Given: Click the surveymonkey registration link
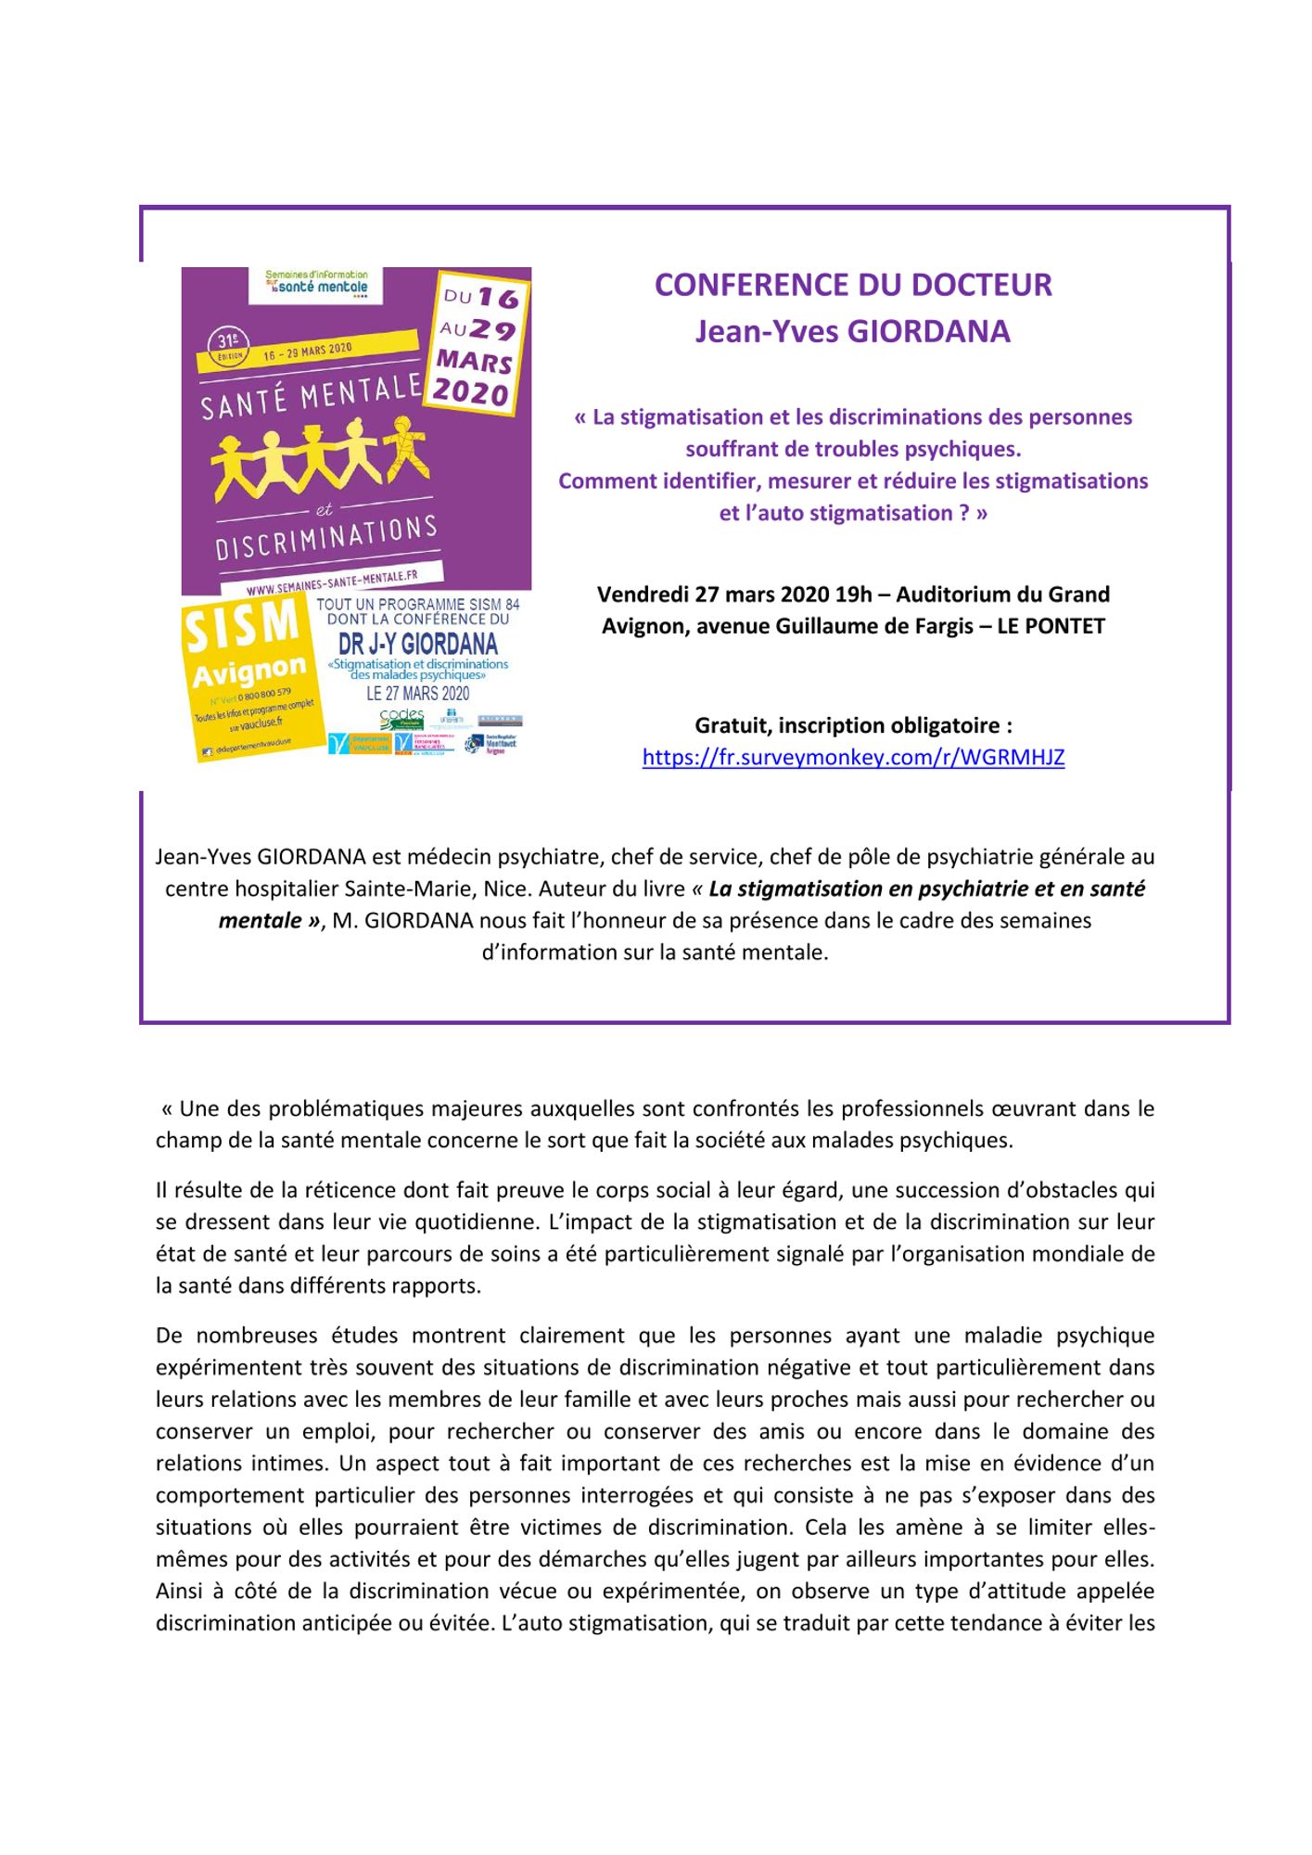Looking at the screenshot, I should tap(853, 757).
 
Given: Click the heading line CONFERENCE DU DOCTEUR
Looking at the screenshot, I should tap(853, 285).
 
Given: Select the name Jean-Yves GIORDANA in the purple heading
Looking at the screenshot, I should tap(853, 331).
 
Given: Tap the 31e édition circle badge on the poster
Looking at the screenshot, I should tap(229, 345).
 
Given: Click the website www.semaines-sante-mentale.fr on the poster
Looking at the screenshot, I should tap(332, 582).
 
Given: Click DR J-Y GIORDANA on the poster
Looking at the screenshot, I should tap(418, 644).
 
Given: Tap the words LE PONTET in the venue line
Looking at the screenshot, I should tap(1051, 626).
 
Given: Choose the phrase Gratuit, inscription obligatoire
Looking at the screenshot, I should tap(853, 724).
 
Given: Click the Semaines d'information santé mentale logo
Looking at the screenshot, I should tap(316, 282).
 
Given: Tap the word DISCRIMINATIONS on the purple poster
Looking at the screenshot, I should tap(326, 539).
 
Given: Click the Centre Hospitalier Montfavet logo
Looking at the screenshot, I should tap(502, 743).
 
